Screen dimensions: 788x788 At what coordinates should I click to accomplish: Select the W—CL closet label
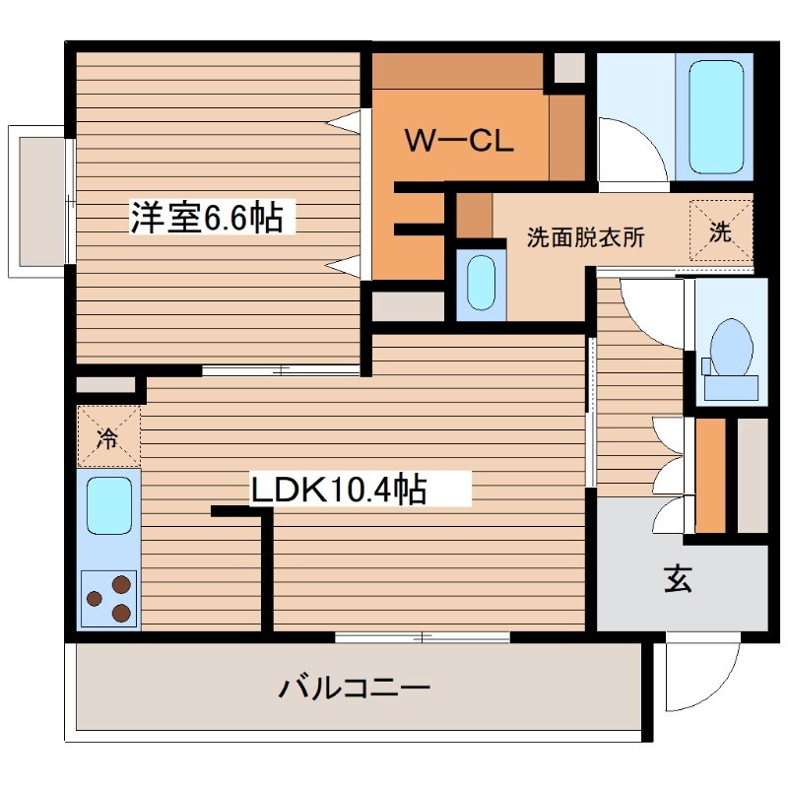click(459, 141)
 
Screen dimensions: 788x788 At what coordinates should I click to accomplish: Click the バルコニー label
click(354, 687)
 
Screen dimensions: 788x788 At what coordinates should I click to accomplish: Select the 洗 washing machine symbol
click(721, 233)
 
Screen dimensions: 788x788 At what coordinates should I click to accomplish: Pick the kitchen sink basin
click(109, 504)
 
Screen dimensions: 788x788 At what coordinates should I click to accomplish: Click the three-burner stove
click(109, 599)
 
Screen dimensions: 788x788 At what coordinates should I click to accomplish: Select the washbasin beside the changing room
click(482, 283)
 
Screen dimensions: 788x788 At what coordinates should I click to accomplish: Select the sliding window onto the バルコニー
click(423, 637)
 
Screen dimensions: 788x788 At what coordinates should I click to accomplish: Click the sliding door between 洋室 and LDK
click(281, 371)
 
